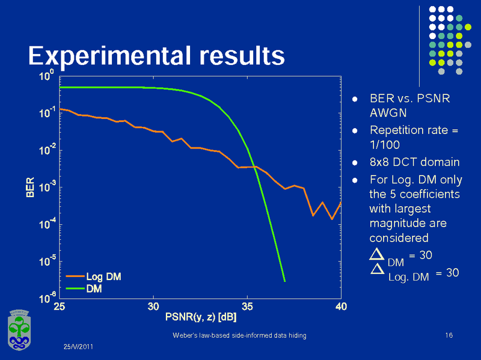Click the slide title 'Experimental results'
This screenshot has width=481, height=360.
tap(156, 55)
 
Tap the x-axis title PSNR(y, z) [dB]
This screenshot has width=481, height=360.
tap(201, 316)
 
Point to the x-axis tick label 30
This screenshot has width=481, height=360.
tap(153, 307)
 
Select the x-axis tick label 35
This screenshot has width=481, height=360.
tap(247, 307)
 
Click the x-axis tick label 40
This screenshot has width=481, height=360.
tap(340, 307)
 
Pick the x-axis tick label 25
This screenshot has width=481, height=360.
tap(60, 307)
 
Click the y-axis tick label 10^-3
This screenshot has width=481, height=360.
tap(47, 186)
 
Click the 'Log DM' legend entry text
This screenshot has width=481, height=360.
tap(103, 277)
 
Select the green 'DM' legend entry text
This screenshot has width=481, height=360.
tap(94, 288)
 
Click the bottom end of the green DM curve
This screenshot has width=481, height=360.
tap(284, 281)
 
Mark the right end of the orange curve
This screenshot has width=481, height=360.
tap(340, 203)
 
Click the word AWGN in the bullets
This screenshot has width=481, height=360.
tap(388, 112)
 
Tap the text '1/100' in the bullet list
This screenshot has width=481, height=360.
tap(384, 145)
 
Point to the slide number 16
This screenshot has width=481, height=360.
tap(448, 335)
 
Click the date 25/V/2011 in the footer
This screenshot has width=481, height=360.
tap(79, 347)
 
